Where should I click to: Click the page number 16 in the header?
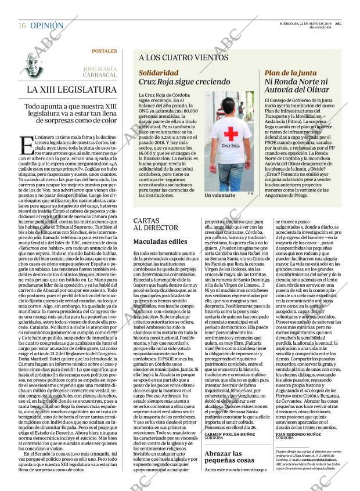(21, 26)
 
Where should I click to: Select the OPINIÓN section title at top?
(47, 26)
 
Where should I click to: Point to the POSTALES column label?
(105, 51)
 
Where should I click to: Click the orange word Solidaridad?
(159, 73)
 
